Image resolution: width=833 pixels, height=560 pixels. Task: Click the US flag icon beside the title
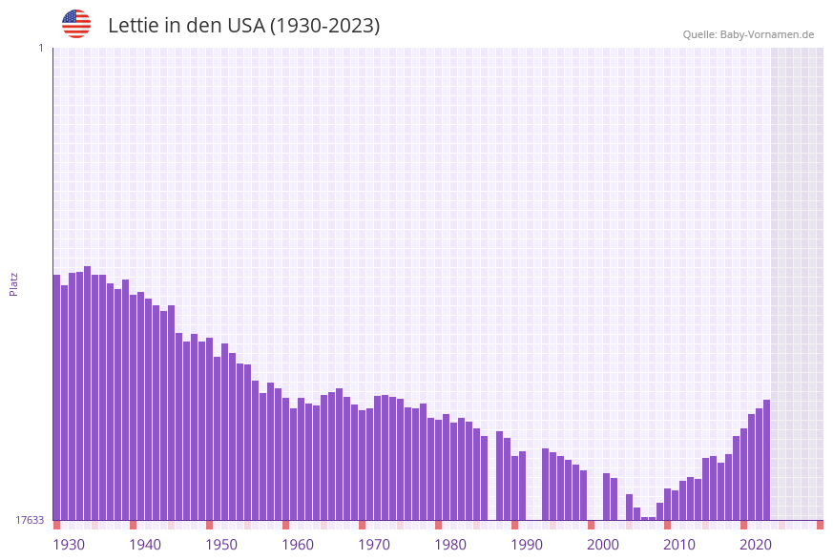pyautogui.click(x=76, y=24)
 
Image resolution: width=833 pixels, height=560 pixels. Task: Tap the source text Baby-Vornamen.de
pyautogui.click(x=766, y=34)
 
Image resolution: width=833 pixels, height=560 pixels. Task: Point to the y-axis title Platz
pyautogui.click(x=14, y=283)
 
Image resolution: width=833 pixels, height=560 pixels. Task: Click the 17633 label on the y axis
pyautogui.click(x=30, y=520)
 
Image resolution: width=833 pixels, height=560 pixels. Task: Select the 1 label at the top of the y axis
pyautogui.click(x=40, y=48)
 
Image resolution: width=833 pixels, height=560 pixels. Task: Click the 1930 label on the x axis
pyautogui.click(x=69, y=545)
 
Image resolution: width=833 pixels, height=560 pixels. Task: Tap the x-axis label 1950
pyautogui.click(x=221, y=545)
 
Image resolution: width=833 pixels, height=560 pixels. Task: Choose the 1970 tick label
pyautogui.click(x=374, y=545)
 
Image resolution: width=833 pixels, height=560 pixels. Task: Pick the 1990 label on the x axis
pyautogui.click(x=527, y=545)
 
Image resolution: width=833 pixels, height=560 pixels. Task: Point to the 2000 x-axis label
pyautogui.click(x=603, y=545)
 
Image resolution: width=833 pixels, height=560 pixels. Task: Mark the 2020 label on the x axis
pyautogui.click(x=756, y=545)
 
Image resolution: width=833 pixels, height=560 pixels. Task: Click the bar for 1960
pyautogui.click(x=285, y=459)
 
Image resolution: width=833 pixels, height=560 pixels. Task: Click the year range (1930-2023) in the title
pyautogui.click(x=324, y=26)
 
